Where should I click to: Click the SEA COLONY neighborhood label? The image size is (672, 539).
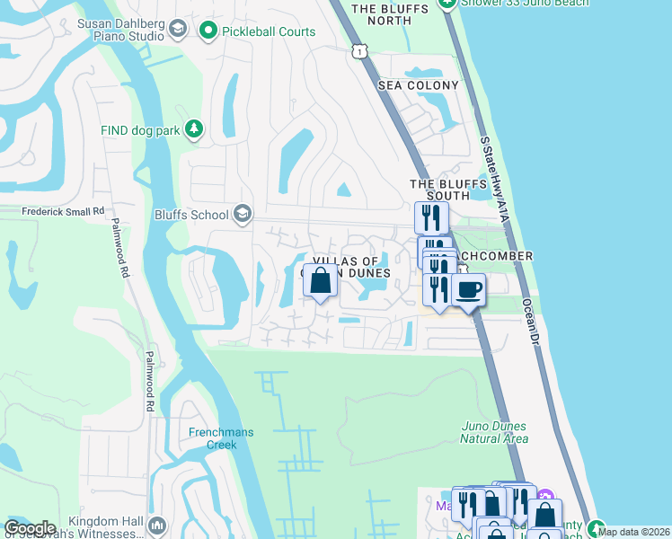[x=418, y=85]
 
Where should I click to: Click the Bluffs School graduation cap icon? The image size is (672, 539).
[x=242, y=215]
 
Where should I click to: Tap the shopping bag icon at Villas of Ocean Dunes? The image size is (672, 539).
[x=321, y=281]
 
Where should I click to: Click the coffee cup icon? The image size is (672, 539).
[x=467, y=290]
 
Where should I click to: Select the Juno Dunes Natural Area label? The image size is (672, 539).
[x=493, y=432]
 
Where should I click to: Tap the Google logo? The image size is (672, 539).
[x=29, y=528]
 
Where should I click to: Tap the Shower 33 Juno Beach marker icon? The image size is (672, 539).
[x=447, y=3]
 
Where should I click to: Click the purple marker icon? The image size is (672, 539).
[x=546, y=495]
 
